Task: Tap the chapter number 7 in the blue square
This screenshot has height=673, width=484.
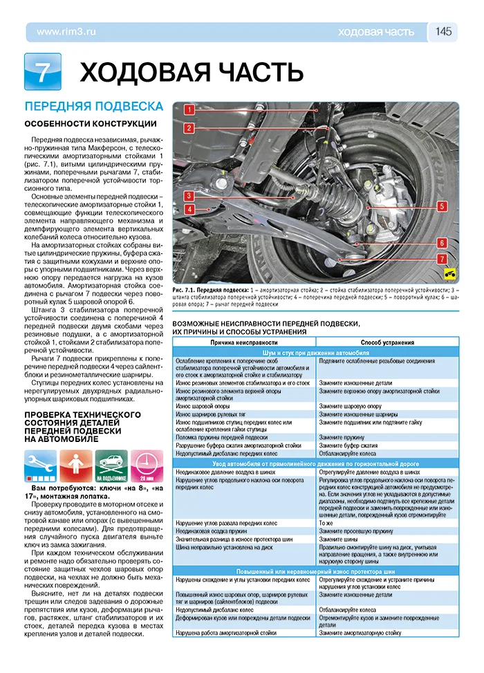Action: tap(43, 71)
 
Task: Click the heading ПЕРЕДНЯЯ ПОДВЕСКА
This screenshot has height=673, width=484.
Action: tap(94, 107)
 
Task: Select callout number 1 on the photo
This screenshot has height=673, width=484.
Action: tap(188, 109)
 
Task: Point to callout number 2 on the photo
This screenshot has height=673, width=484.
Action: tap(188, 128)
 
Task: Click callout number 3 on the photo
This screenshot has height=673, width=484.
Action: tap(188, 196)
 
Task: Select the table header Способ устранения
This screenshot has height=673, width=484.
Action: tap(388, 342)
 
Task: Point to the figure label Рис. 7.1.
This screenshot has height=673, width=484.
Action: tap(183, 288)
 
